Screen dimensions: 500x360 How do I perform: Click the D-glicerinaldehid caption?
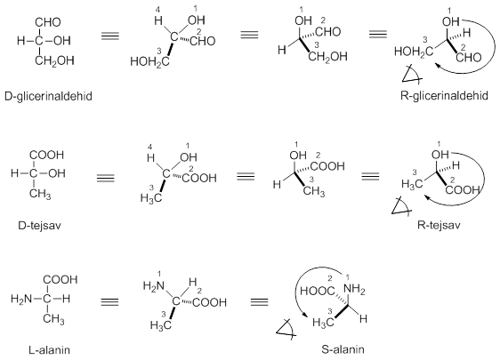point(48,96)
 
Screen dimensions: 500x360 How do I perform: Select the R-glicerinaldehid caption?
point(444,96)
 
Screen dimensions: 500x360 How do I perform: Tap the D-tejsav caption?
point(39,226)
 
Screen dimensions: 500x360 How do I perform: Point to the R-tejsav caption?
point(439,225)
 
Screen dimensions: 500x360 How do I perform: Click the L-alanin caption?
point(50,350)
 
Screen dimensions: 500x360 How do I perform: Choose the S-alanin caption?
point(343,349)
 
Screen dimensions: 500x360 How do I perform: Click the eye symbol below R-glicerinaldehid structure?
point(412,75)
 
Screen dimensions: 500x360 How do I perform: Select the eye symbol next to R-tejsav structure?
point(401,206)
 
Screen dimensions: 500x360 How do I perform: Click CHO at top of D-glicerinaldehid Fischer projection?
point(48,22)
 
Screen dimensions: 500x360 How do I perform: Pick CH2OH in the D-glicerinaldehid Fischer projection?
point(54,60)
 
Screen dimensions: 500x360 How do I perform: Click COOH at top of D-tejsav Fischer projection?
point(46,156)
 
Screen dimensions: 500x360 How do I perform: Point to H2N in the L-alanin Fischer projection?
point(21,300)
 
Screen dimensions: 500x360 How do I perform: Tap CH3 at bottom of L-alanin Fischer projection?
point(53,318)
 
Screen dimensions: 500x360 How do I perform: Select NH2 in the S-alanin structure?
point(354,289)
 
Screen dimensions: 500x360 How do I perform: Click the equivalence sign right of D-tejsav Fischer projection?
point(106,178)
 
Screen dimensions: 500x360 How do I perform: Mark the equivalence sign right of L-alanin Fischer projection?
point(109,301)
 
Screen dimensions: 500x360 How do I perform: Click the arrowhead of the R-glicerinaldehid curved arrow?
point(439,65)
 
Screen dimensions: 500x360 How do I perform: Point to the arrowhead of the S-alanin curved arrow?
point(306,315)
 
